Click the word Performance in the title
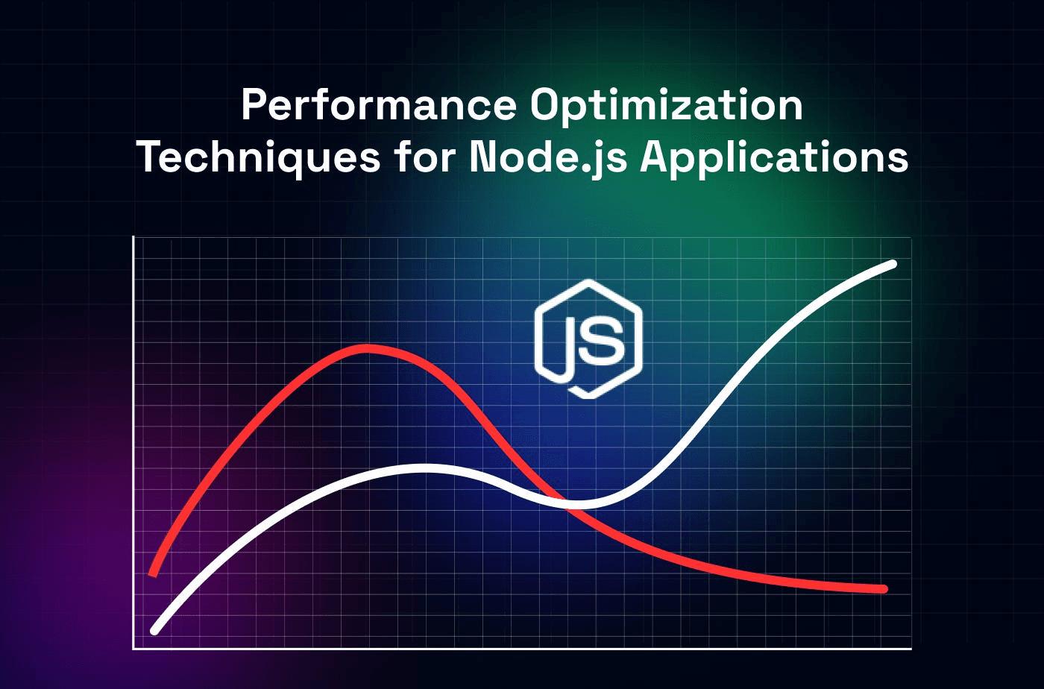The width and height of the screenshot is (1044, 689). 378,105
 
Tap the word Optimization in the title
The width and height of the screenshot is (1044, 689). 666,105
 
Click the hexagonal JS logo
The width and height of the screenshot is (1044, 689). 588,339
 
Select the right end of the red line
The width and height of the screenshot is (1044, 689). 884,589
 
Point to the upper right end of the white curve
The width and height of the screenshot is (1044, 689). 892,264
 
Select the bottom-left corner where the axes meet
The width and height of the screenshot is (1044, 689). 133,648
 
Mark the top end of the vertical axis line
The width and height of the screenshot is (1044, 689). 133,238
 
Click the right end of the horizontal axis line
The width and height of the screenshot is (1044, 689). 910,648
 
